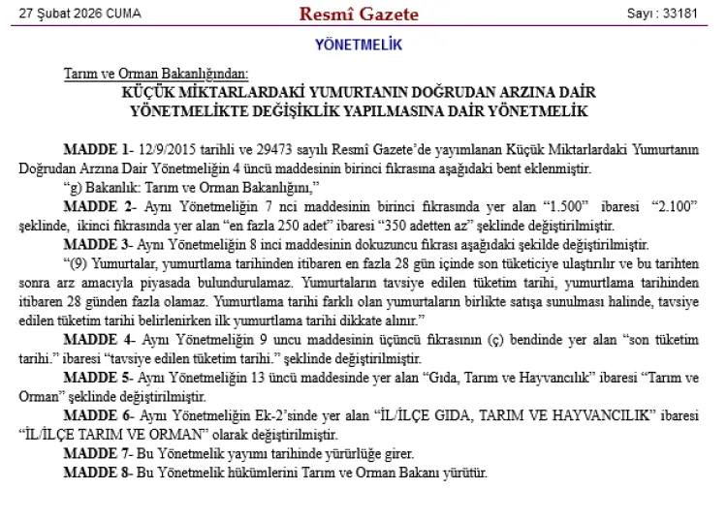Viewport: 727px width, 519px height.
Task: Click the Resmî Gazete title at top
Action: [359, 14]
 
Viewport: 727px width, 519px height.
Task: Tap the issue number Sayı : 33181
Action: [663, 15]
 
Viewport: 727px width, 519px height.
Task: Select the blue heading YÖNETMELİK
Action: [359, 45]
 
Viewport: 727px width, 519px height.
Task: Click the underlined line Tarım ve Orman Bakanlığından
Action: [156, 74]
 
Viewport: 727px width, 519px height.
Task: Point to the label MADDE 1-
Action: [97, 150]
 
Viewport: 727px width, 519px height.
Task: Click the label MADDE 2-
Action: [97, 206]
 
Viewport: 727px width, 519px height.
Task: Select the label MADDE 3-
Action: [97, 244]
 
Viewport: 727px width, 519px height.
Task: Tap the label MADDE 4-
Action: [97, 339]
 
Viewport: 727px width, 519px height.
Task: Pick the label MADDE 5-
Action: [97, 377]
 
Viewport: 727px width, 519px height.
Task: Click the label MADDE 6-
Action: [97, 414]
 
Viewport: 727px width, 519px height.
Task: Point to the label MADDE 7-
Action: [97, 453]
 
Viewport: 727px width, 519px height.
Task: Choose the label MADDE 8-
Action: [97, 472]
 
